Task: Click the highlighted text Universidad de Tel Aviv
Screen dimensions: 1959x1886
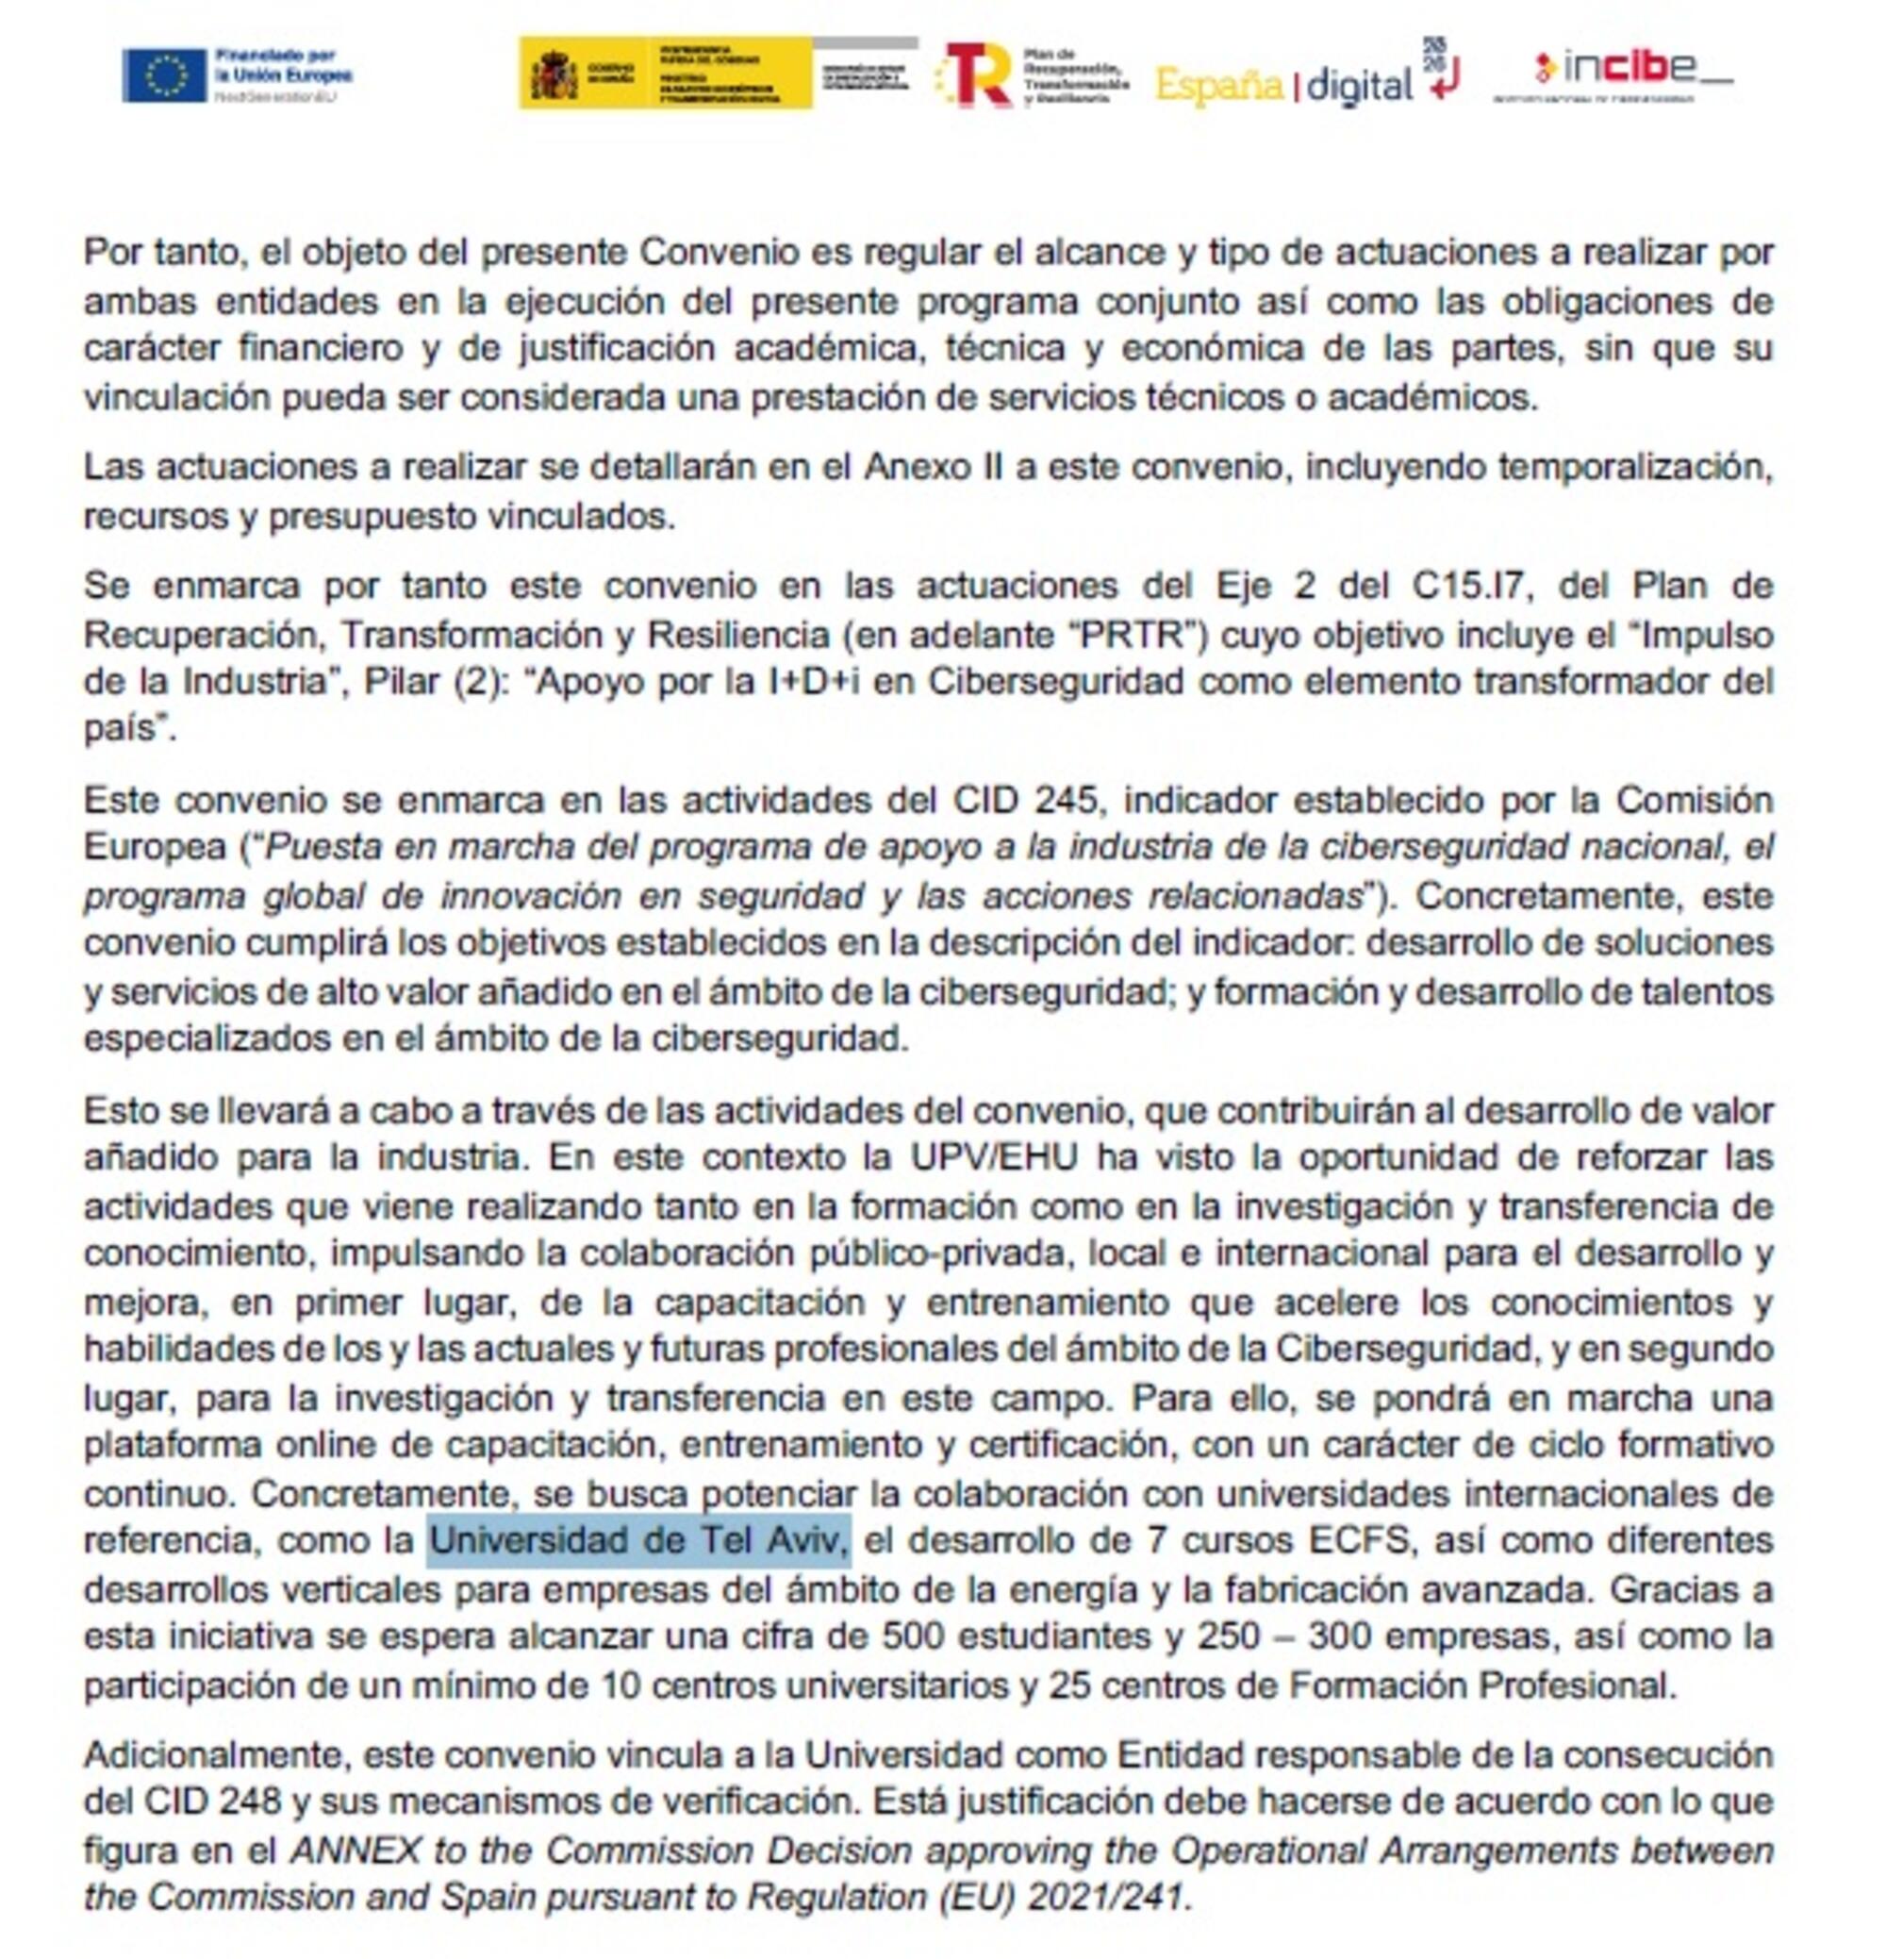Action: point(637,1540)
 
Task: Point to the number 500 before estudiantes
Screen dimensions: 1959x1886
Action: point(909,1636)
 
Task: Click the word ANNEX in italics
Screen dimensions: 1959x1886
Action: point(354,1849)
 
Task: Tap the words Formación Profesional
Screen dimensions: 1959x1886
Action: point(1480,1685)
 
